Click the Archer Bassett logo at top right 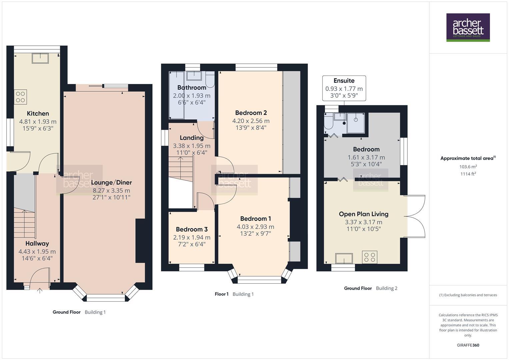tap(468, 27)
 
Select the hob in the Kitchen tap(20, 97)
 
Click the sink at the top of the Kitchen tap(40, 58)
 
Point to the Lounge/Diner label tap(111, 182)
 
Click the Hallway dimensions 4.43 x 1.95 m tap(37, 252)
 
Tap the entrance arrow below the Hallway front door tap(40, 291)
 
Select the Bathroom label tap(192, 88)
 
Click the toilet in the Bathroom tap(210, 79)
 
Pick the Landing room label tap(192, 138)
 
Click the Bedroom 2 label tap(251, 113)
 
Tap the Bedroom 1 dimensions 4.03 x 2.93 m tap(256, 227)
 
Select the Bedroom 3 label tap(192, 229)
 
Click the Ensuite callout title tap(344, 81)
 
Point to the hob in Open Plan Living tap(370, 257)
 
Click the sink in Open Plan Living tap(344, 258)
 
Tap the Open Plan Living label tap(364, 214)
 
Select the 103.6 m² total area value tap(468, 167)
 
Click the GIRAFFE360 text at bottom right tap(468, 345)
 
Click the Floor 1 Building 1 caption tap(234, 294)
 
